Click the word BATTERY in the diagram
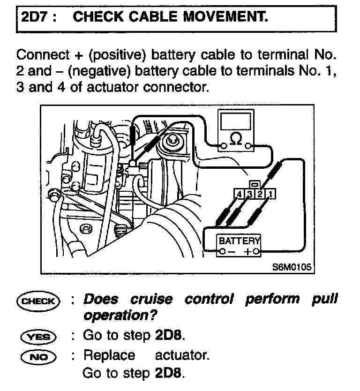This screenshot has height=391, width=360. [x=239, y=241]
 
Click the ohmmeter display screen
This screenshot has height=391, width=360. [x=236, y=122]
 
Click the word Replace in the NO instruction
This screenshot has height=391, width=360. [x=109, y=355]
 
